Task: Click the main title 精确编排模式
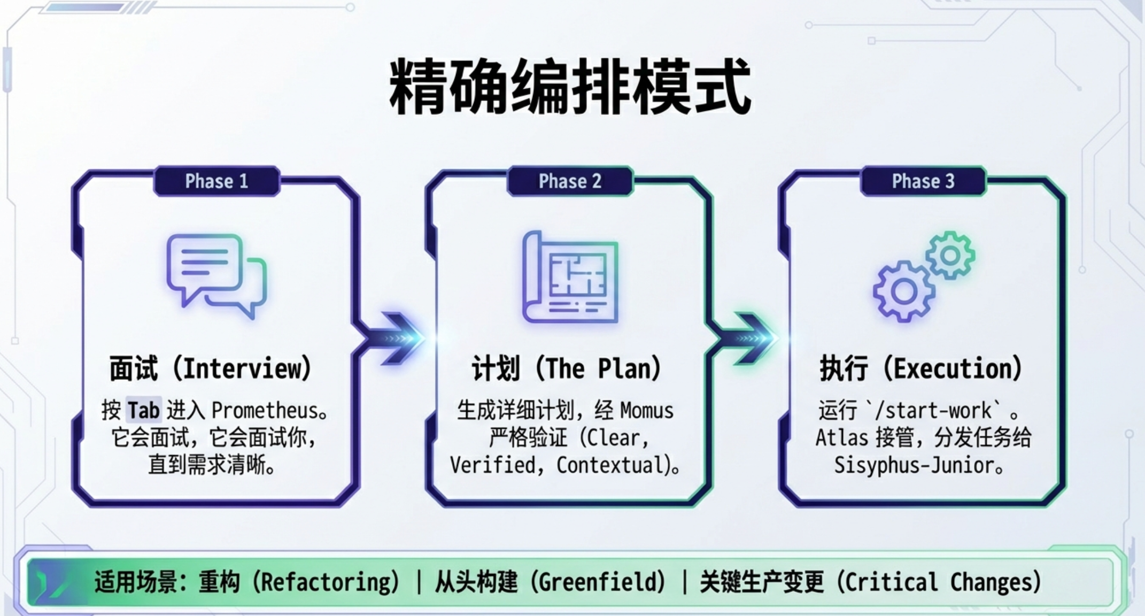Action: (x=570, y=87)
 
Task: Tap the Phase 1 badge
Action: (x=216, y=181)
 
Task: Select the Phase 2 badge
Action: (x=570, y=181)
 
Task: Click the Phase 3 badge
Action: (x=923, y=181)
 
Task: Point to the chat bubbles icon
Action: (x=216, y=275)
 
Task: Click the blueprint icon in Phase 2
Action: (x=570, y=277)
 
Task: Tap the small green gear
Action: (x=950, y=255)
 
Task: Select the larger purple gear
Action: (x=904, y=291)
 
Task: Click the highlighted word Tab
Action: (x=143, y=411)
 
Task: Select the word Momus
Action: (x=647, y=411)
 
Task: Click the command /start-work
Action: (x=938, y=411)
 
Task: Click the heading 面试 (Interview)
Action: (x=211, y=368)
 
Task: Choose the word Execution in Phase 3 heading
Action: (x=951, y=368)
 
